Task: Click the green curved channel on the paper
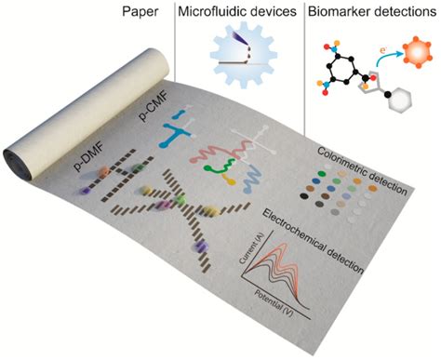(x=224, y=169)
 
